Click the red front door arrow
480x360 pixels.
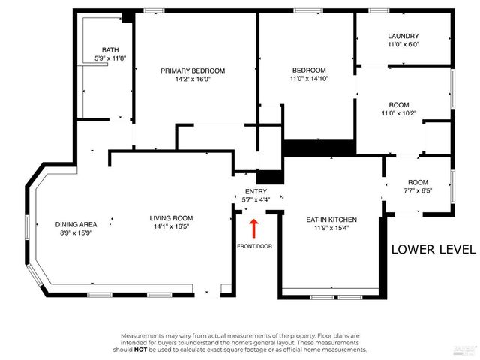click(x=253, y=226)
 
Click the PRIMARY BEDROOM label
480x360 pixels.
click(x=193, y=70)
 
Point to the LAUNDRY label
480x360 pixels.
click(x=403, y=36)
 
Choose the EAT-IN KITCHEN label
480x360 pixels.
click(x=331, y=220)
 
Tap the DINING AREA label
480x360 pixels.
click(x=76, y=224)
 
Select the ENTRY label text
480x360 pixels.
click(x=256, y=192)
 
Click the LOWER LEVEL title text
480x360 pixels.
click(x=433, y=250)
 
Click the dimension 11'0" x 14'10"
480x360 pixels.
click(x=309, y=78)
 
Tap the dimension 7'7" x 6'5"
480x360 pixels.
click(x=418, y=190)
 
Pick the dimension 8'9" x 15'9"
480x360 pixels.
click(x=76, y=232)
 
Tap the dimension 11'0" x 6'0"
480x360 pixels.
click(x=403, y=44)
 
